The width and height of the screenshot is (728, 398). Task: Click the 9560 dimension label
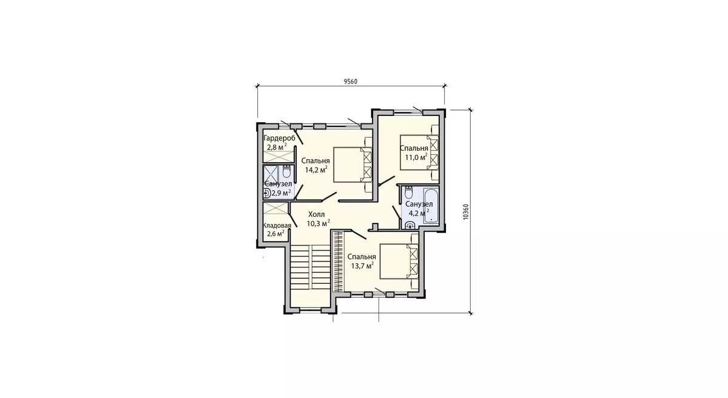point(351,81)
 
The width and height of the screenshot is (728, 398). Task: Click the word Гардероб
point(280,138)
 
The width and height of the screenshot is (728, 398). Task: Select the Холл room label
point(316,214)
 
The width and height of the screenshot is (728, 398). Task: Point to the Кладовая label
point(277,225)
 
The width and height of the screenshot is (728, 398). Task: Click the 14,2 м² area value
point(316,169)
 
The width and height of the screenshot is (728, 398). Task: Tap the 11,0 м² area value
point(416,157)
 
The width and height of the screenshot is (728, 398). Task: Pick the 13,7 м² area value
point(362,266)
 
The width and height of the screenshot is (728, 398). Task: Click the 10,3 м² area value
point(318,223)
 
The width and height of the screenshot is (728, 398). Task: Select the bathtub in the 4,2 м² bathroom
point(431,205)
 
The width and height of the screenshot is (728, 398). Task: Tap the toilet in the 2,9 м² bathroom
point(286,171)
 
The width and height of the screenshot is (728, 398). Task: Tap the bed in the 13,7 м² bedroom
point(399,261)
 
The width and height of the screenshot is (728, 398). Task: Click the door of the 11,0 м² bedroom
point(386,181)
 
